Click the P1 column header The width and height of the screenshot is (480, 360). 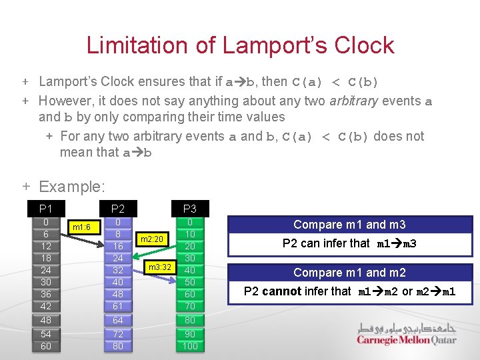[x=45, y=209]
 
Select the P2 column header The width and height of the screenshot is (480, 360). [x=118, y=209]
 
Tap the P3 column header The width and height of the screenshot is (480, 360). [x=190, y=209]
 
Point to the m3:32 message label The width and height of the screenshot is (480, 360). [x=160, y=267]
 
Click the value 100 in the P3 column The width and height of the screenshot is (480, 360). [x=190, y=346]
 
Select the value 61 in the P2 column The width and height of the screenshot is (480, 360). [x=118, y=306]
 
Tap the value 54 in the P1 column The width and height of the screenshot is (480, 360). [x=45, y=333]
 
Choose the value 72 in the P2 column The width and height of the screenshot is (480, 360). [x=118, y=333]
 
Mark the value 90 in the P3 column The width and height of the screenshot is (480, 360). [x=190, y=333]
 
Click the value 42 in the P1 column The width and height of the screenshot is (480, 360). [x=45, y=306]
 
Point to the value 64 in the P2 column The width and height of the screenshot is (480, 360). [x=118, y=320]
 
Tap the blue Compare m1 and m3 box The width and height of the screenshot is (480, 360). [x=349, y=225]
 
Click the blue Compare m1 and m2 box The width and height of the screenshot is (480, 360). [x=349, y=272]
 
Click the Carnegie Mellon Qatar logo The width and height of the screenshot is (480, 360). [x=406, y=334]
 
